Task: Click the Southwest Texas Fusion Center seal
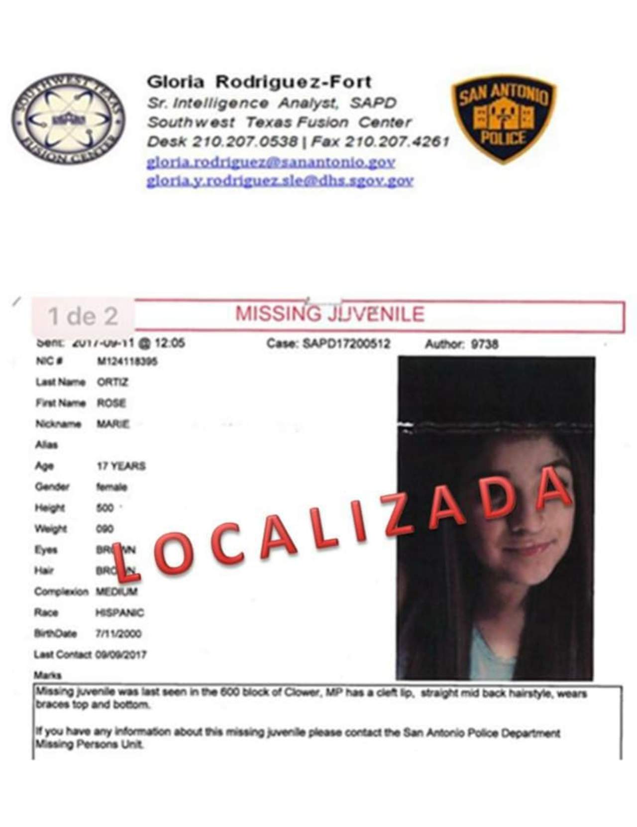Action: pos(68,120)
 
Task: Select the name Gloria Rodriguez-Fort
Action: pos(259,82)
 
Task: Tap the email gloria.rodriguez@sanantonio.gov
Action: pos(271,162)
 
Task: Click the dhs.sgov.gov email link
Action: pos(280,181)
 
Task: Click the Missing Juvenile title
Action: pos(329,314)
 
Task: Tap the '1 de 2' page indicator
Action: pos(83,316)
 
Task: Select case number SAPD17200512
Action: pos(346,344)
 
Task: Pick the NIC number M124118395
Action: pos(127,361)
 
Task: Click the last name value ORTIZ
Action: pos(112,382)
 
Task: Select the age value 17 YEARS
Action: pos(121,466)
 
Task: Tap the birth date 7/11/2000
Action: pos(118,634)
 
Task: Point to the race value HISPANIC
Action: pos(119,613)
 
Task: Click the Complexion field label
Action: pos(61,592)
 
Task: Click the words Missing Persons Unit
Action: pos(89,745)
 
